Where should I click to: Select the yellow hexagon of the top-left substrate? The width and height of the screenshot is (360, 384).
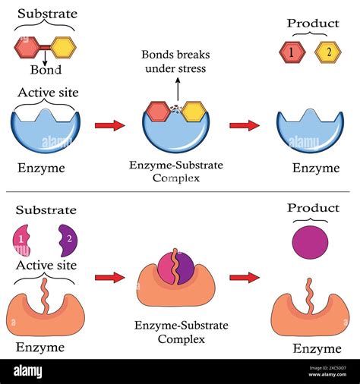[x=62, y=47]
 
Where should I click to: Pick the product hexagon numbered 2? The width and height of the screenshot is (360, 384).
[x=328, y=52]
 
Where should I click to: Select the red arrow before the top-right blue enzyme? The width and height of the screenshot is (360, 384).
[x=243, y=125]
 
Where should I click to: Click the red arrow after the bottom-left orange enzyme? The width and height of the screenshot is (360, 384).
[x=109, y=278]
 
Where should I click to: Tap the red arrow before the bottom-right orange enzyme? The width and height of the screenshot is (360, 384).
[x=243, y=278]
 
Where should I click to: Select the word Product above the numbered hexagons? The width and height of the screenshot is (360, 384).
[x=312, y=24]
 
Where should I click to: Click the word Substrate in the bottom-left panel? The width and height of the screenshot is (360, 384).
[x=46, y=210]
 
